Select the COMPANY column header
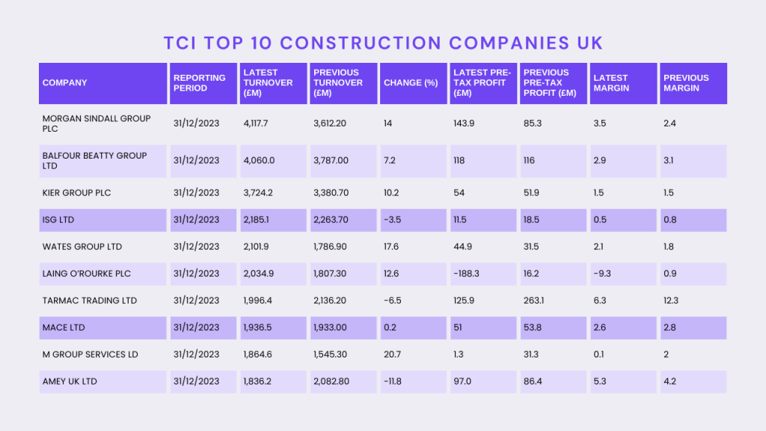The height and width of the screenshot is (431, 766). [65, 83]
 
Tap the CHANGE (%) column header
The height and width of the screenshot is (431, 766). [411, 83]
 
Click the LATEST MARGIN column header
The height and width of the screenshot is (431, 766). [610, 83]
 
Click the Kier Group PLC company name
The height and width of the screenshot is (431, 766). [77, 193]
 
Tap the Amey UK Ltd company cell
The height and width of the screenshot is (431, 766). [70, 382]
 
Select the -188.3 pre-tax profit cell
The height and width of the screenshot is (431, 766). [466, 274]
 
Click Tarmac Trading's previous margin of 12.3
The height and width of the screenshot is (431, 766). [671, 301]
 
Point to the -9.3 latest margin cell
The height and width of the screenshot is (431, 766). [601, 274]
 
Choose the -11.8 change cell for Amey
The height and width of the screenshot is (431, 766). [393, 382]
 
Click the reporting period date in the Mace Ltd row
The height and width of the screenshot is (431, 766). [197, 328]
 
